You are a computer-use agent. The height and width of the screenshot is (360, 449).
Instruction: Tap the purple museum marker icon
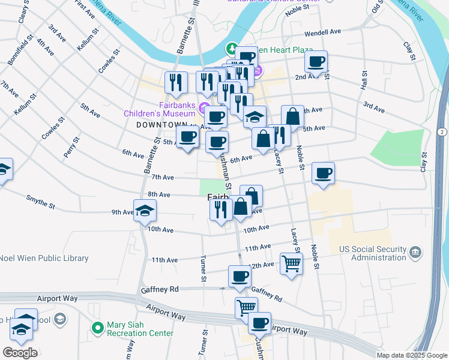(205, 109)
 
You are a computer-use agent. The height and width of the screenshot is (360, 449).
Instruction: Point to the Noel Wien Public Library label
(44, 259)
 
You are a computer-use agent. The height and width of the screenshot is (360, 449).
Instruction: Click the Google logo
(20, 352)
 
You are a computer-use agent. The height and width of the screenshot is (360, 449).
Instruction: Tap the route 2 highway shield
(441, 131)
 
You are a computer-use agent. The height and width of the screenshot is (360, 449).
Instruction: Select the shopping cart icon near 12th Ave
(291, 263)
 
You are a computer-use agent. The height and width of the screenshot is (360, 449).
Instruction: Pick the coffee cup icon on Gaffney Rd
(240, 276)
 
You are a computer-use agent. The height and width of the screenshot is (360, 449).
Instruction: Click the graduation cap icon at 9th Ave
(145, 211)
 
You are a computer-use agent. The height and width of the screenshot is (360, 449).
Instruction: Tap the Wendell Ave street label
(322, 32)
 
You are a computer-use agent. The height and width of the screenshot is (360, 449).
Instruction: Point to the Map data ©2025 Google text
(412, 355)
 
